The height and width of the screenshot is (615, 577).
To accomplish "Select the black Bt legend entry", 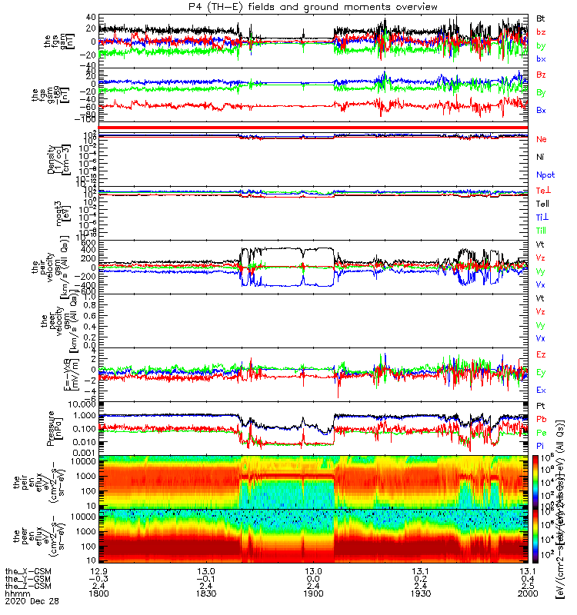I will tap(542, 17).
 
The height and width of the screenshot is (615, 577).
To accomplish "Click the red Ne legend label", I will tap(542, 139).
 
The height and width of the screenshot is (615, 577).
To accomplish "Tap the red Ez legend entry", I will tap(542, 354).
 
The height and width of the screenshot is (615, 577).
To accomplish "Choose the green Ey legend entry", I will tap(542, 372).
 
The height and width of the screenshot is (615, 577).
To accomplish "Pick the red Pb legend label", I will tap(542, 418).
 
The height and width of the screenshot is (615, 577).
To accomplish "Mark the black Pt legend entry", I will tap(542, 404).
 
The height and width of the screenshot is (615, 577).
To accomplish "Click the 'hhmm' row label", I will tap(18, 593).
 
